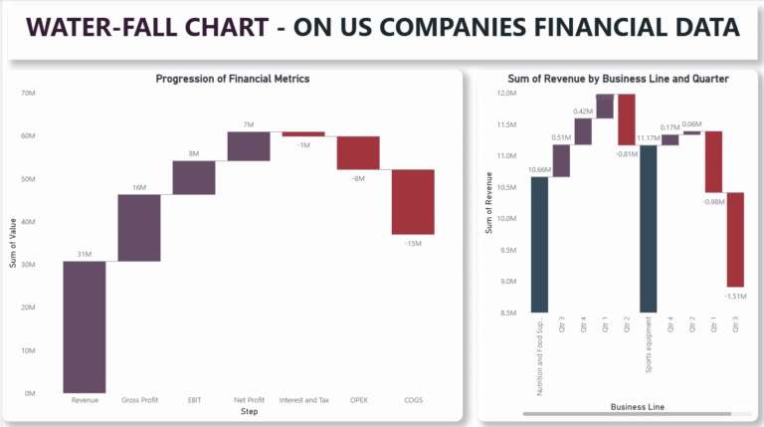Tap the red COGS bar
[x=412, y=202]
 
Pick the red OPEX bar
[x=357, y=153]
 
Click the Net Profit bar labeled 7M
[x=248, y=145]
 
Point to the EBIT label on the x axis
[x=194, y=401]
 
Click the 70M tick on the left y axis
[x=28, y=93]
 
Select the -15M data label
[x=412, y=242]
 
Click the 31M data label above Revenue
[x=85, y=254]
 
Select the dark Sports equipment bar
[x=649, y=229]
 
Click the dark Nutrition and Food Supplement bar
[x=539, y=244]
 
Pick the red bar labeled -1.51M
[x=735, y=240]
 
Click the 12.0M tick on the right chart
[x=506, y=94]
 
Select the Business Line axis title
[x=636, y=406]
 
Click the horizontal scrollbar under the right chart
[x=631, y=412]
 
